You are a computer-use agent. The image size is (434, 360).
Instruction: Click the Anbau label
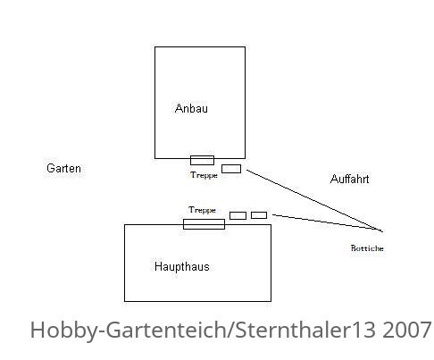[x=191, y=108]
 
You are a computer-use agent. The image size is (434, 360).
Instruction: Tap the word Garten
[x=63, y=168]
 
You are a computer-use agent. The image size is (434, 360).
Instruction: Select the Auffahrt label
[x=349, y=179]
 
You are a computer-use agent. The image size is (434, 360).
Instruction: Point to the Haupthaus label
[x=181, y=266]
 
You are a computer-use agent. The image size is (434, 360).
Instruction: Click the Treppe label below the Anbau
[x=204, y=175]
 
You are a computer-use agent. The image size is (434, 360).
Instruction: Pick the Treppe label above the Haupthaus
[x=202, y=210]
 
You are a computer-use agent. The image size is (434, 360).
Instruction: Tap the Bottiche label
[x=367, y=248]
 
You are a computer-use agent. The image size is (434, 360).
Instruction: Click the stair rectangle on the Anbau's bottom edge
[x=202, y=160]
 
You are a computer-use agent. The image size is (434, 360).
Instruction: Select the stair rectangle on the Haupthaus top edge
[x=204, y=224]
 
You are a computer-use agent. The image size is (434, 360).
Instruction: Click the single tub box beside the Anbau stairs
[x=231, y=169]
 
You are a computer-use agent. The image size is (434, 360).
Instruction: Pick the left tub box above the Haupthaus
[x=238, y=215]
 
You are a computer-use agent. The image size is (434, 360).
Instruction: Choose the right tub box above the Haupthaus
[x=259, y=215]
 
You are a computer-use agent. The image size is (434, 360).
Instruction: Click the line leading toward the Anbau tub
[x=314, y=201]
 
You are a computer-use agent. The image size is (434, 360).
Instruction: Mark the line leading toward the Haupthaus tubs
[x=327, y=222]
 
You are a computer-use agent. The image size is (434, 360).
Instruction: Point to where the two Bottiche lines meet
[x=382, y=231]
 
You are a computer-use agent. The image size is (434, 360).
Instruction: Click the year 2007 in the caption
[x=406, y=330]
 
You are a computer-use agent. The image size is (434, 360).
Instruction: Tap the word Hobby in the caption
[x=65, y=331]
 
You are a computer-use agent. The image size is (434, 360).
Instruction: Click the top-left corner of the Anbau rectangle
[x=154, y=46]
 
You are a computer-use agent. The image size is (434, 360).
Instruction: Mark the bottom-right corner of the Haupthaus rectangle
[x=271, y=301]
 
